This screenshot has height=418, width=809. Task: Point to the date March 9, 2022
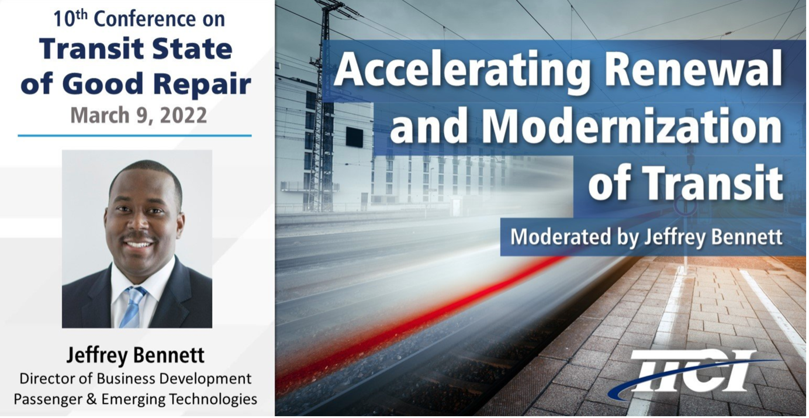(x=139, y=115)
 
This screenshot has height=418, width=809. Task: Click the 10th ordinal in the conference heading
(x=71, y=19)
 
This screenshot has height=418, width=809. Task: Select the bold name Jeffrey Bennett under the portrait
(x=136, y=355)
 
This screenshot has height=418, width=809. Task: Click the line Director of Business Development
(x=136, y=379)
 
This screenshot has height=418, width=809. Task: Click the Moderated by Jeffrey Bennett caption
(x=646, y=237)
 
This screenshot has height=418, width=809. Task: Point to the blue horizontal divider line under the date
(x=134, y=136)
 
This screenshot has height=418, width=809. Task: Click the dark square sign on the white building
(x=355, y=137)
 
